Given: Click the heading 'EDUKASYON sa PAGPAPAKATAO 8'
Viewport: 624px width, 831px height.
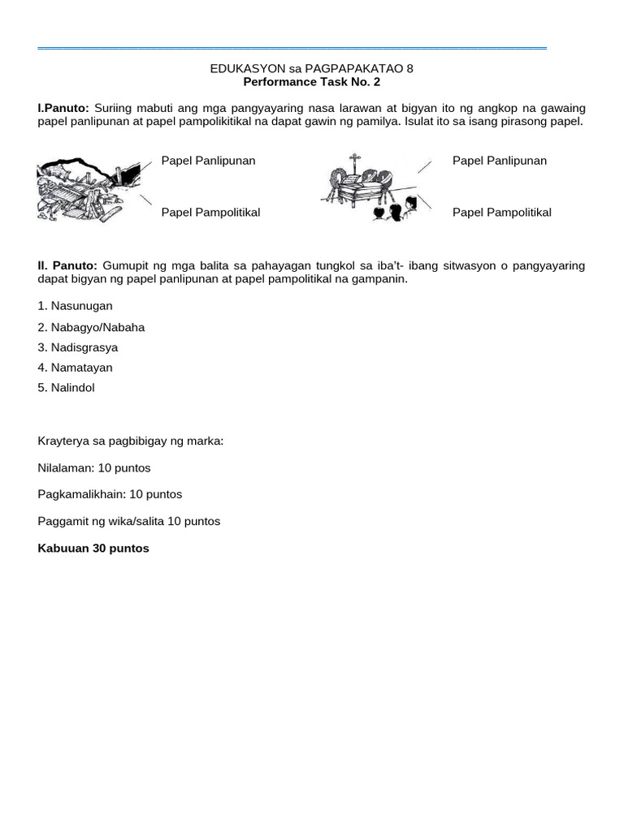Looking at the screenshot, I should (311, 69).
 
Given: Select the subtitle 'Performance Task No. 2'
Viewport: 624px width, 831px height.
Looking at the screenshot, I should (311, 82).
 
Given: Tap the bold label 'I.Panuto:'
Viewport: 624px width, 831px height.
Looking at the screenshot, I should (63, 108).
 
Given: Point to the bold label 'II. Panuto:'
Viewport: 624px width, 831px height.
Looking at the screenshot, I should (67, 265).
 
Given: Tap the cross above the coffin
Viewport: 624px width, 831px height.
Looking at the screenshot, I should (353, 160).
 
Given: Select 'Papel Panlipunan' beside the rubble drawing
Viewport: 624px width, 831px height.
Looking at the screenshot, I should (208, 161).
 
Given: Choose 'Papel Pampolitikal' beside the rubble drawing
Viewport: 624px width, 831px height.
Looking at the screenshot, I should (210, 213).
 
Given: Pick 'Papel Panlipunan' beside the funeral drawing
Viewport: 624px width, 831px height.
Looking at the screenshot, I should (499, 161).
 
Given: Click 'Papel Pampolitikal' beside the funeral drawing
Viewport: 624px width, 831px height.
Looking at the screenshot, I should (501, 213).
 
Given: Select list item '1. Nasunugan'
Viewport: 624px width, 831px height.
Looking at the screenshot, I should (75, 306).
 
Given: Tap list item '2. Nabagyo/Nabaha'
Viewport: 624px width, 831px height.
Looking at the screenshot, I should (91, 327).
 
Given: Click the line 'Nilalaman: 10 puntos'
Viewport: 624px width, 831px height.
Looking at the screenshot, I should (94, 468).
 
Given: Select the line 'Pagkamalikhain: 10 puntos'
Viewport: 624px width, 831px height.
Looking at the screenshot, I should (110, 494).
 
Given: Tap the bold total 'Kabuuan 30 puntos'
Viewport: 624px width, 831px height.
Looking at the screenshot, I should (93, 549).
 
